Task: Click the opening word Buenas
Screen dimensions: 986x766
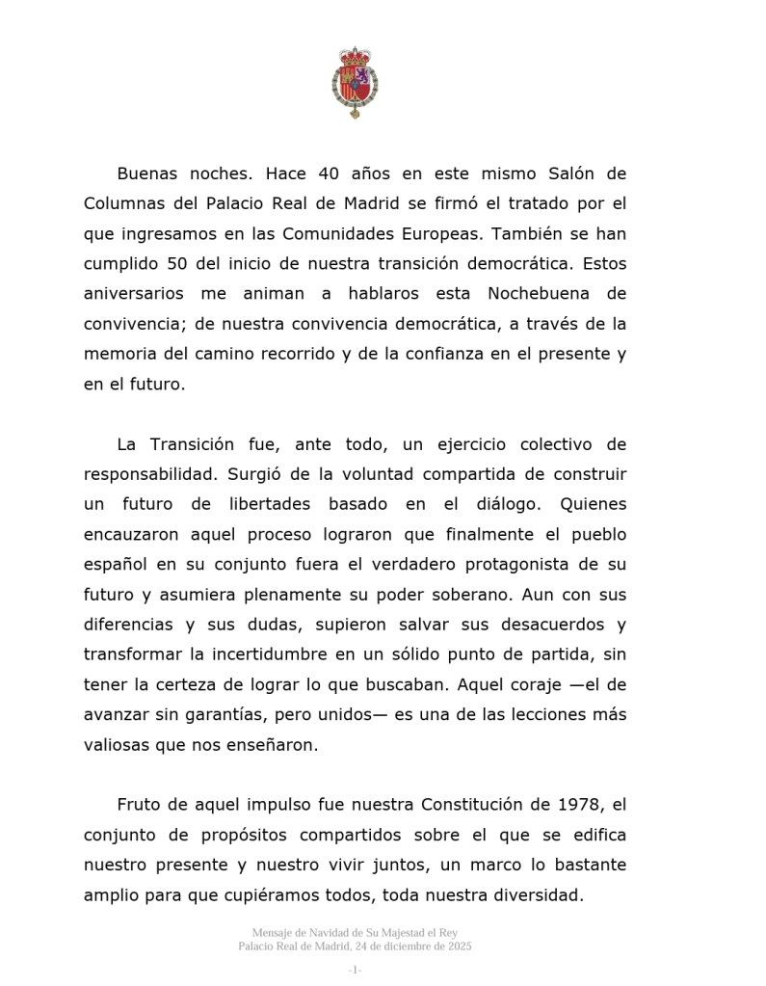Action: click(147, 173)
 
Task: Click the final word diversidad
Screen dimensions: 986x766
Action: click(540, 895)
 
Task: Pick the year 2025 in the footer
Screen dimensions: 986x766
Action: click(456, 946)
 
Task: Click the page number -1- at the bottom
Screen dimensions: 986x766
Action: click(355, 970)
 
